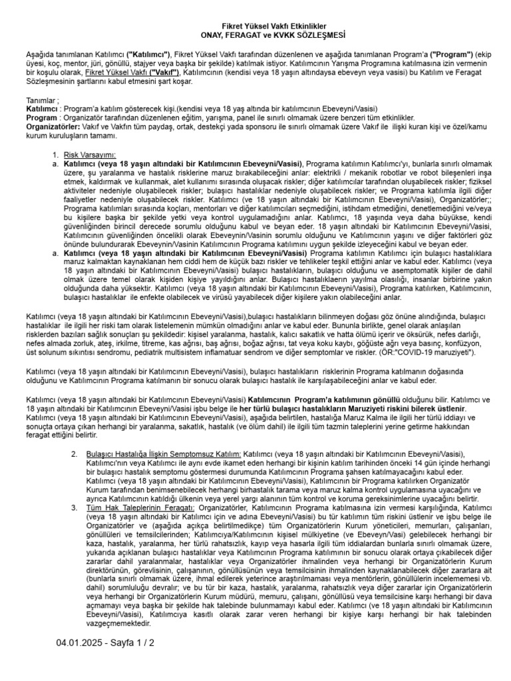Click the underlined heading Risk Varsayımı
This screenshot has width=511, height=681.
pyautogui.click(x=90, y=154)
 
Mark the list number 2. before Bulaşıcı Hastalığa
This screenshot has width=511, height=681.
pyautogui.click(x=75, y=453)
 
